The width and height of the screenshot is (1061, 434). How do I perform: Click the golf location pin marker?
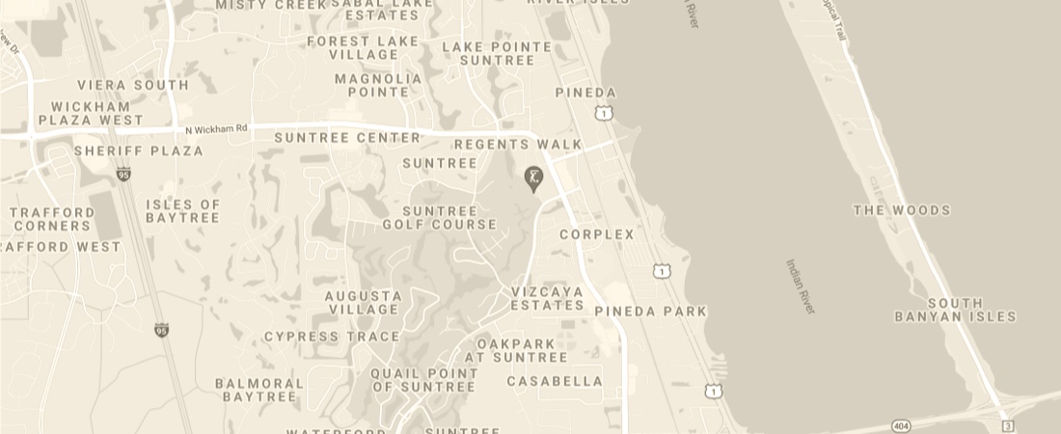pos(532,177)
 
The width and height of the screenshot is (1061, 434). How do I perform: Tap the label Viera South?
pos(133,85)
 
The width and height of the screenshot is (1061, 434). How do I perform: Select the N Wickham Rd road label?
pos(216,128)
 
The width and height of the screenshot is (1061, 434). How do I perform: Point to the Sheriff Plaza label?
pos(139,151)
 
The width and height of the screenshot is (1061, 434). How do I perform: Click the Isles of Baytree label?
pos(183,211)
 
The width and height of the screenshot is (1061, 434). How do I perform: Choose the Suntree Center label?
pos(347,138)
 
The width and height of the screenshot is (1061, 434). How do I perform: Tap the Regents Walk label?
pos(518,145)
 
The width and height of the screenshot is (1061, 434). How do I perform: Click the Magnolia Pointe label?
pos(378,85)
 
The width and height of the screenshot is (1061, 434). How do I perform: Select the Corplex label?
pos(597,234)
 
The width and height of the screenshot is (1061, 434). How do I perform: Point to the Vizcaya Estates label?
pos(547,298)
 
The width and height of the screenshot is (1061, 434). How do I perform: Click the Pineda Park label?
pos(650,312)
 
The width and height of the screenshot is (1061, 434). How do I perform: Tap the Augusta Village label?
pos(364,303)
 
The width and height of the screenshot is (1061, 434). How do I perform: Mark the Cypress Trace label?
pos(332,337)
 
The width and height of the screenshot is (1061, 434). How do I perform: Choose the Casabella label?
pos(555,381)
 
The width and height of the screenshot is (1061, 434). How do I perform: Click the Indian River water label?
pos(801,286)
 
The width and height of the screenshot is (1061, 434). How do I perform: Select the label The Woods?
pos(902,210)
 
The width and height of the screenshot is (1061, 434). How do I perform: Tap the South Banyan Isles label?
pos(955,310)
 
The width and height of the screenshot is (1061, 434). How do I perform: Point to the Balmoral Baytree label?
pos(259,390)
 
